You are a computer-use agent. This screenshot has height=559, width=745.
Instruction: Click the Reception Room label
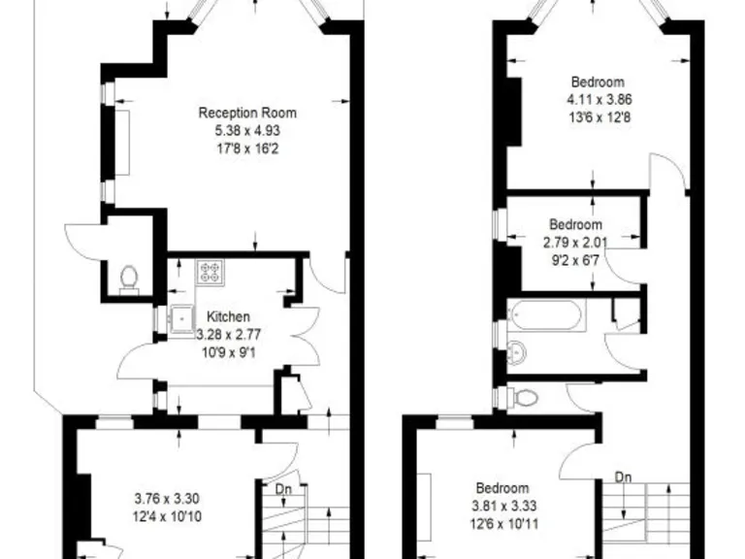[247, 113]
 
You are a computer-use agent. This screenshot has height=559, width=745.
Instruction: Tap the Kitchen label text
[229, 317]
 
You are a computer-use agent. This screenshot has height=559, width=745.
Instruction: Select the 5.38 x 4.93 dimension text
[247, 131]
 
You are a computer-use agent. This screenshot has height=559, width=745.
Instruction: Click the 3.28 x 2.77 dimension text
[229, 335]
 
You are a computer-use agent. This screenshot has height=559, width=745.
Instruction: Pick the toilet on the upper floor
[524, 397]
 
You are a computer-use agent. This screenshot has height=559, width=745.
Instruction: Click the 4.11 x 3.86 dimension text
[597, 100]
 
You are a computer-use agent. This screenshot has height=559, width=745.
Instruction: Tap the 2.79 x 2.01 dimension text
[575, 243]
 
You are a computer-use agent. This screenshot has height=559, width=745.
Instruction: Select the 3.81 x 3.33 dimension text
[502, 507]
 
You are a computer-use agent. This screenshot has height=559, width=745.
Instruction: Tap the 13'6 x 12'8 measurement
[597, 117]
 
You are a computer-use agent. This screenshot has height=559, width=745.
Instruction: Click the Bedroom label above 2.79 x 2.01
[575, 224]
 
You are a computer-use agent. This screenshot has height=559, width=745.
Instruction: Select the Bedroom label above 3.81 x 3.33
[502, 488]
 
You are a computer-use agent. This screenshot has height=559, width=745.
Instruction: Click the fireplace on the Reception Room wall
[122, 142]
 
